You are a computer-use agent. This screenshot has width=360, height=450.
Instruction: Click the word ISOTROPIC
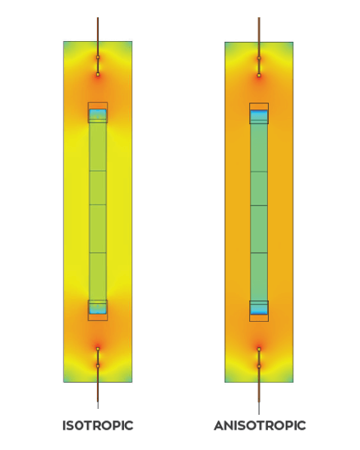[x=98, y=425]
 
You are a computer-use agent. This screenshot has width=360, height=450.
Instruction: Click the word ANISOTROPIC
[x=260, y=425]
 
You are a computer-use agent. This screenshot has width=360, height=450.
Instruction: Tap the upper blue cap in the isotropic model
[x=98, y=114]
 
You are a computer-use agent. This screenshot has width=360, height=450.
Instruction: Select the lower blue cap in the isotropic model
[x=98, y=309]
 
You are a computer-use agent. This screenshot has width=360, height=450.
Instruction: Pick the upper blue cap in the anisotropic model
[x=259, y=115]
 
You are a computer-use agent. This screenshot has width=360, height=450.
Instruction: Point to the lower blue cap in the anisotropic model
[x=259, y=310]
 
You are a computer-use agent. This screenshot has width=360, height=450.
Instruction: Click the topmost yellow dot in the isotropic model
[x=98, y=57]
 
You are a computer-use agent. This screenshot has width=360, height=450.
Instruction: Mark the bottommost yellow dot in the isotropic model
[x=98, y=366]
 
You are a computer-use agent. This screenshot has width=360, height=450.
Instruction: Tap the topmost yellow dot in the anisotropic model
[x=259, y=58]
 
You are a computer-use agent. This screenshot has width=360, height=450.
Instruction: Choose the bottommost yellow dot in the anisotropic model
[x=259, y=366]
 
